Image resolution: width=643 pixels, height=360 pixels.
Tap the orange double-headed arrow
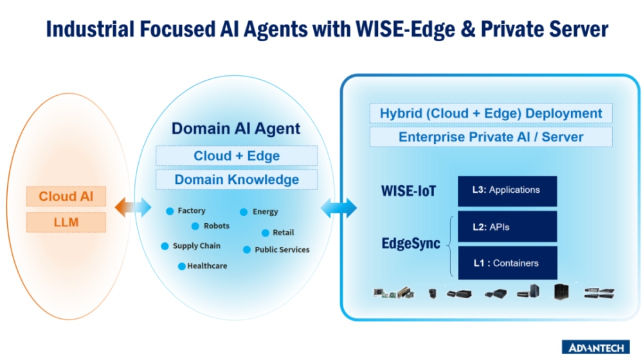(133, 207)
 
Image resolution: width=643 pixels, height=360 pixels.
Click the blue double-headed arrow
(338, 207)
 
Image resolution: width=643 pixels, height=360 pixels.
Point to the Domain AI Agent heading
(236, 129)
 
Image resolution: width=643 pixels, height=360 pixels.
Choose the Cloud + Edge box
(237, 156)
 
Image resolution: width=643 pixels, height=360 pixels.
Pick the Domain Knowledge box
(237, 179)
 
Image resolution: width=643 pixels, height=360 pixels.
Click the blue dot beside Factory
(170, 211)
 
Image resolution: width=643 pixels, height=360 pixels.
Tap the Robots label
(216, 226)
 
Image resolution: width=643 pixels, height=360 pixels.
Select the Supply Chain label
(196, 246)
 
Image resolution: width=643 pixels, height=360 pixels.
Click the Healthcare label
(207, 265)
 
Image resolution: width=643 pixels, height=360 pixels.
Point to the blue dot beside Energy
(244, 212)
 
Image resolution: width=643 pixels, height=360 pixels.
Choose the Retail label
(283, 232)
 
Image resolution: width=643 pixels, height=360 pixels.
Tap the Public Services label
(282, 249)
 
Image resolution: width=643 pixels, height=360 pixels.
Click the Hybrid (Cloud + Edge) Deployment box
(491, 114)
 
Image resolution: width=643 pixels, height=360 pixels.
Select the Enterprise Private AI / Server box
(491, 137)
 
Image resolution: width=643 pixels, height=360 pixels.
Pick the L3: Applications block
(507, 191)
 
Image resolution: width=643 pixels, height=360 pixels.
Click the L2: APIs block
(507, 227)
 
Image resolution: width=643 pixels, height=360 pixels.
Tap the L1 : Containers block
(507, 263)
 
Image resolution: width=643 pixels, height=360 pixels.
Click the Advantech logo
(596, 347)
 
